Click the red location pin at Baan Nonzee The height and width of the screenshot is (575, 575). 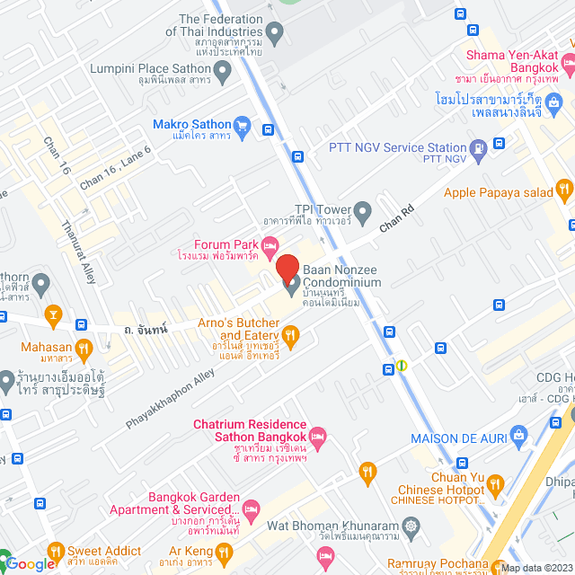click(287, 269)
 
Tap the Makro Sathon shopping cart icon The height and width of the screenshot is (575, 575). click(241, 125)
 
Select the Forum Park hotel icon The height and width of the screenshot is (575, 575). click(270, 244)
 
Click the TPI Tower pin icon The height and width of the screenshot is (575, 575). click(363, 213)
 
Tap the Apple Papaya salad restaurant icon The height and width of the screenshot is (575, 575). click(564, 190)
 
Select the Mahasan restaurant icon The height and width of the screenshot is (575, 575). click(84, 346)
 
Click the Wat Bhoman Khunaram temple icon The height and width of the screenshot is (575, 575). click(411, 525)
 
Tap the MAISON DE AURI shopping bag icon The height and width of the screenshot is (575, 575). click(519, 438)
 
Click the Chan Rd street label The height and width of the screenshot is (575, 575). click(396, 218)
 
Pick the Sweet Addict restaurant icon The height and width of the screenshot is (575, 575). click(55, 551)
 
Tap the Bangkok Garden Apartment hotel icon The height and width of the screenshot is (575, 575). click(252, 509)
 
